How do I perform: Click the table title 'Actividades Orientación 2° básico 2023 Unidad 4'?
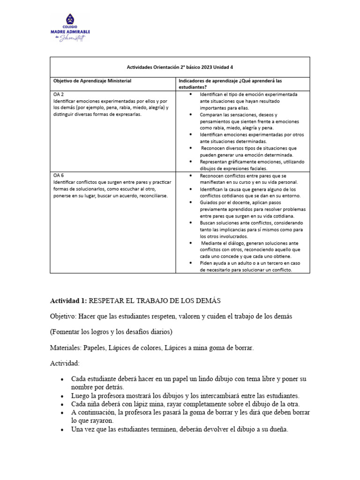click(x=180, y=67)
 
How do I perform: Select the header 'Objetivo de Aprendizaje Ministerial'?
click(x=92, y=81)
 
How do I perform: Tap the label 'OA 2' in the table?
click(x=59, y=94)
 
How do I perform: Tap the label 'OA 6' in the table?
click(x=59, y=175)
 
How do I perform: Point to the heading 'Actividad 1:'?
click(x=68, y=300)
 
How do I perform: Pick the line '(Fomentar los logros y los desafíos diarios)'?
click(x=112, y=332)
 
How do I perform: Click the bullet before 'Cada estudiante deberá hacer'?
click(x=62, y=379)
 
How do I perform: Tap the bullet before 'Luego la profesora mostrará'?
click(x=62, y=396)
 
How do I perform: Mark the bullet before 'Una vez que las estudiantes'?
click(x=62, y=429)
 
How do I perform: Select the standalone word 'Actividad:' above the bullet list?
click(x=65, y=363)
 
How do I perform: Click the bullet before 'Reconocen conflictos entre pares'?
click(x=190, y=175)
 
